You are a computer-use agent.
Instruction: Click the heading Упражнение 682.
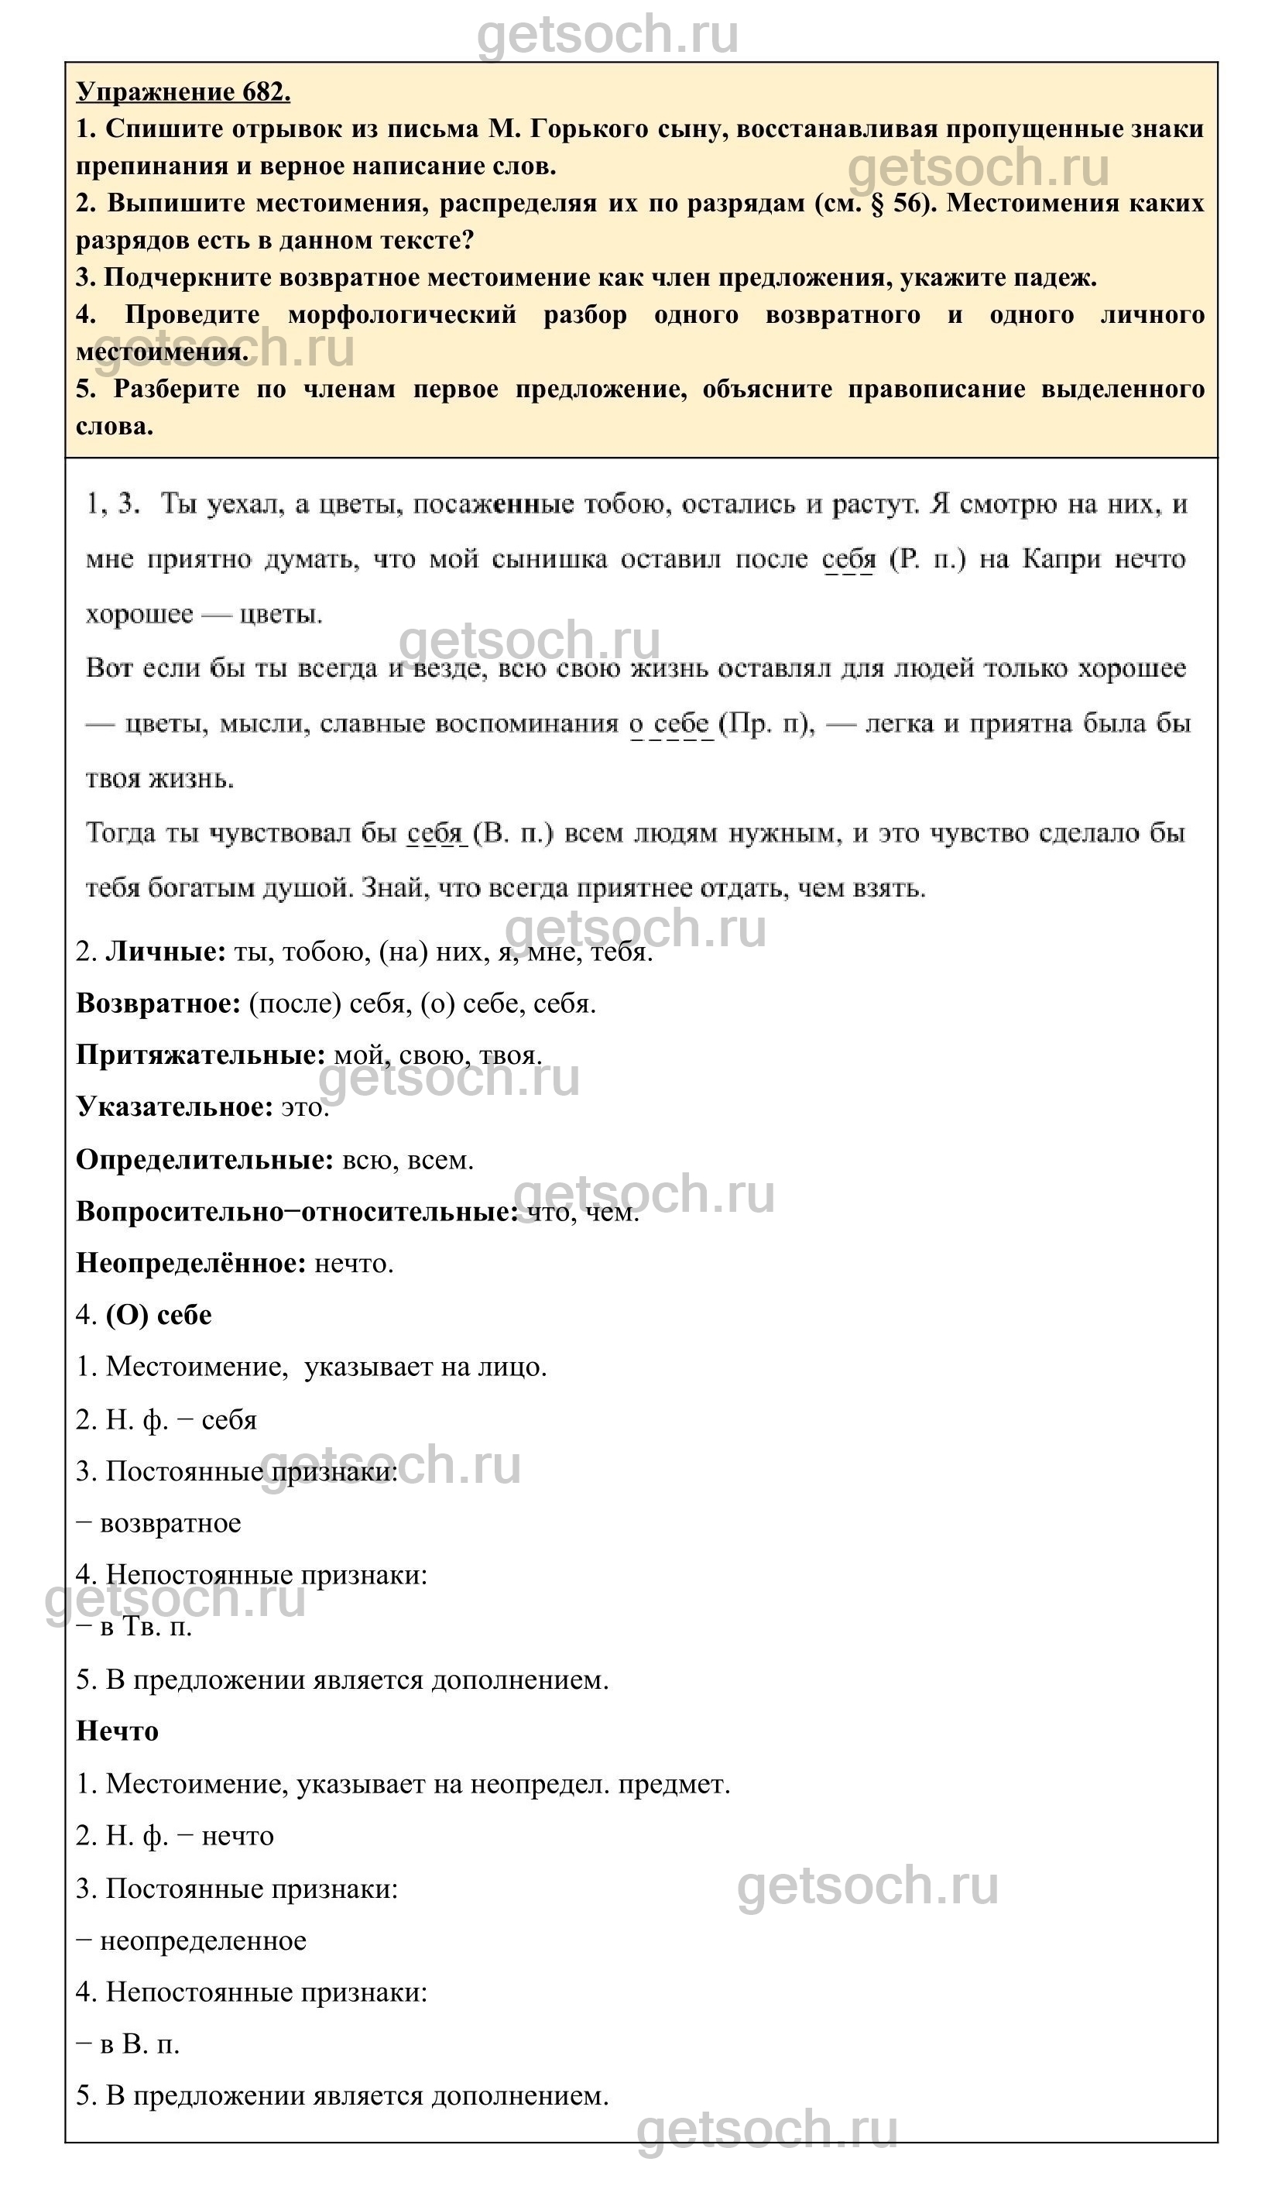(x=183, y=91)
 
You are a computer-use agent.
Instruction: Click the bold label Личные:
(x=165, y=952)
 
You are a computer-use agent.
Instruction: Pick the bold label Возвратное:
(x=158, y=1003)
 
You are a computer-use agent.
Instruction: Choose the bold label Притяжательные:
(x=201, y=1055)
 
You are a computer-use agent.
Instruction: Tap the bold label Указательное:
(x=174, y=1107)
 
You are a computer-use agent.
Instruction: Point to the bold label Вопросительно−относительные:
(x=297, y=1211)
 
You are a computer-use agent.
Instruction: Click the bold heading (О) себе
(x=159, y=1315)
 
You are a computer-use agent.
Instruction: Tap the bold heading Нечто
(x=117, y=1731)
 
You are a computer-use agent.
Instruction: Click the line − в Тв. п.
(x=134, y=1627)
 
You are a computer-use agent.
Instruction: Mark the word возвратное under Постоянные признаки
(x=170, y=1523)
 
